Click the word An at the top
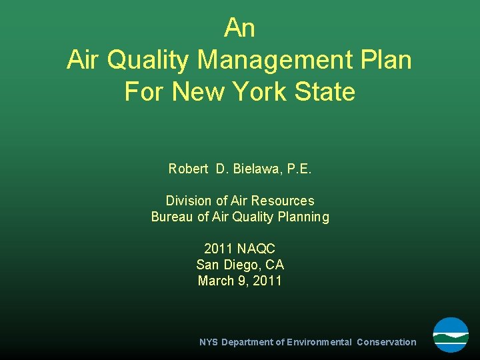tap(239, 28)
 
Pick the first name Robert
tap(189, 169)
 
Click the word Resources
tap(283, 201)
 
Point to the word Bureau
tap(172, 217)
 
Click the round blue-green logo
tap(451, 335)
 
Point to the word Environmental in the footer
tap(319, 342)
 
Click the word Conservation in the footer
tap(386, 342)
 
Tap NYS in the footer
tap(209, 342)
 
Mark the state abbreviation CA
tap(275, 265)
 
